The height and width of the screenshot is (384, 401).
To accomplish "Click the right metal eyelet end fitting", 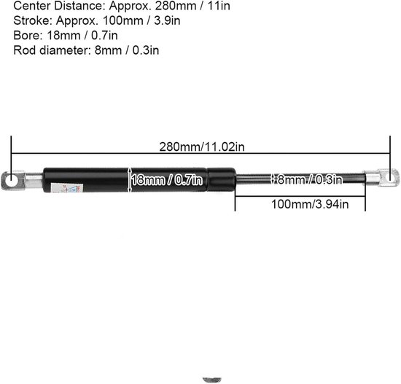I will point(382,177).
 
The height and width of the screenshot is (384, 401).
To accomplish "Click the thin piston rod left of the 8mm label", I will point(252,179).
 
